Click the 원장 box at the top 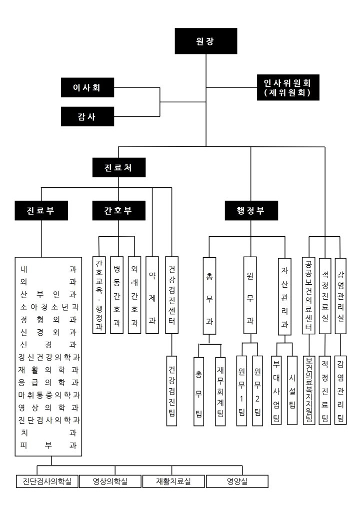(x=205, y=41)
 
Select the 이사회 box (x=87, y=88)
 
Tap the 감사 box (x=87, y=117)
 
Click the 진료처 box (x=119, y=167)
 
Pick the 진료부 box (x=41, y=210)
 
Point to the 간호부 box (x=119, y=210)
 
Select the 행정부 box (x=251, y=210)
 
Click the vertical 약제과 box (x=152, y=295)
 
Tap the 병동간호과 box (x=117, y=295)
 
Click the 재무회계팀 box (x=220, y=390)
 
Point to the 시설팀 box (x=292, y=390)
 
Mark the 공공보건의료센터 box (x=309, y=295)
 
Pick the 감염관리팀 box (x=341, y=390)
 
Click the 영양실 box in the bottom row (x=237, y=482)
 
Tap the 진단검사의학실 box (x=47, y=482)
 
